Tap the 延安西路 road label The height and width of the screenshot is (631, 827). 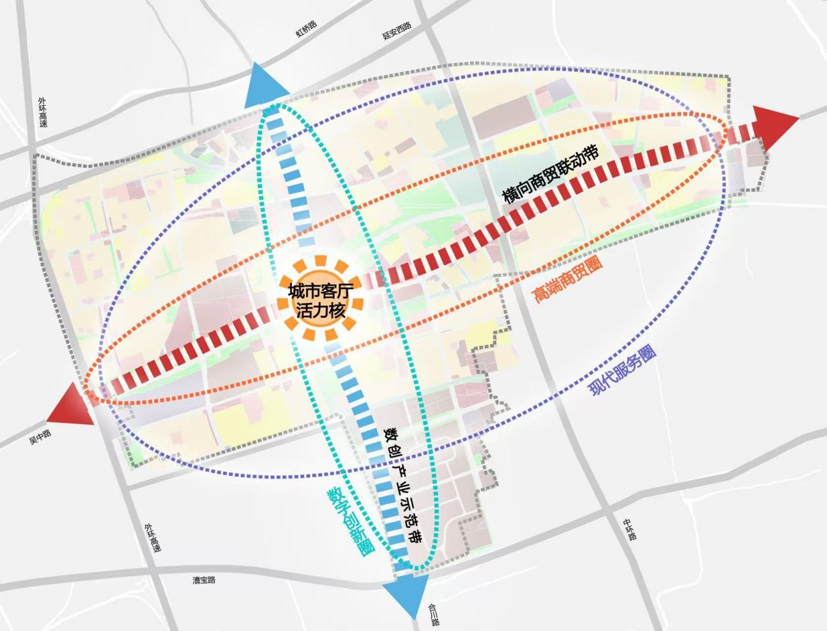point(398,31)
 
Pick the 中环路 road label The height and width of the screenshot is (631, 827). point(629,529)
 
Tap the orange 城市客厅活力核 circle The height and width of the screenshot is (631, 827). point(320,300)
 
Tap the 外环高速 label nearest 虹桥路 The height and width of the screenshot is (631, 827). point(42,112)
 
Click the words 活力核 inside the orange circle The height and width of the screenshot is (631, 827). point(320,311)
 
